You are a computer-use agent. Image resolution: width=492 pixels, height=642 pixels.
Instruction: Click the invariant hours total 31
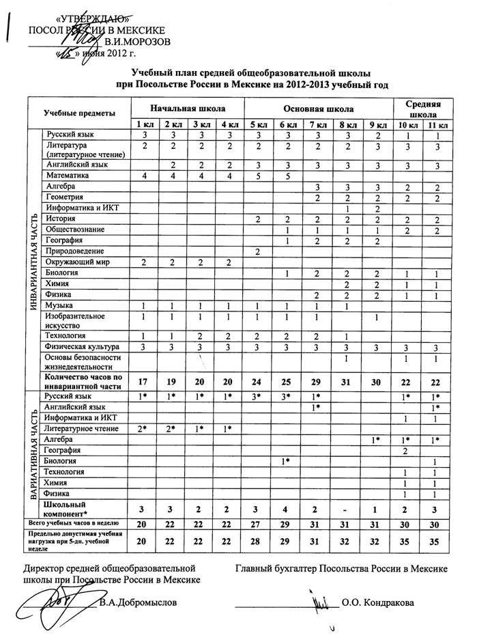[x=347, y=381]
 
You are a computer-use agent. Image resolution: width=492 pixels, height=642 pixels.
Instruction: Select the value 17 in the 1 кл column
[x=144, y=381]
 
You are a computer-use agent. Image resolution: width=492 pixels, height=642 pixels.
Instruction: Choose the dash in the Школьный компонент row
[x=347, y=510]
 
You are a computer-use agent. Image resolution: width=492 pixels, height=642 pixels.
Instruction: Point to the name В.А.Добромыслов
[x=142, y=602]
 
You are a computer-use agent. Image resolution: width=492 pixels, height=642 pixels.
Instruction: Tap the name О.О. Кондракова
[x=377, y=602]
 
